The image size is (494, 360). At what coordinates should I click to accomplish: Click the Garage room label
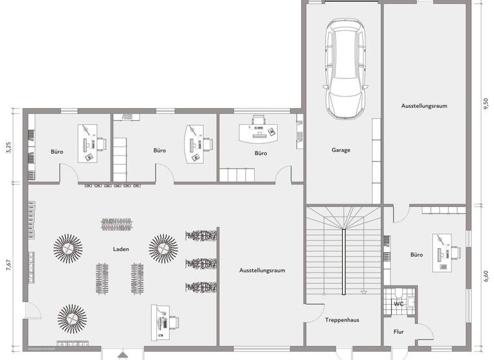pos(341,150)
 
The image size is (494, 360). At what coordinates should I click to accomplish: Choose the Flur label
pos(398,332)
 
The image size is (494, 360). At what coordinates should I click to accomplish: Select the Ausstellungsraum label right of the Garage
pos(424,105)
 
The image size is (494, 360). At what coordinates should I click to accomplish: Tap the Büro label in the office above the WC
pos(417,255)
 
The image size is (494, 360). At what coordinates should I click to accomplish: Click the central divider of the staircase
pos(344,255)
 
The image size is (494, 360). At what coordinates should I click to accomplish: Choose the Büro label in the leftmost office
pos(57,152)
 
